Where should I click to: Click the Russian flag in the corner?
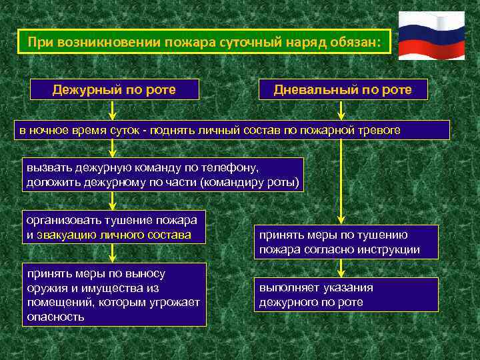point(431,37)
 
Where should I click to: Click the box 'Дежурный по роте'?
point(115,89)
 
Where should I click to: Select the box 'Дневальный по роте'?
point(343,89)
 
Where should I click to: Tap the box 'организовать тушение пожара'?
point(114,227)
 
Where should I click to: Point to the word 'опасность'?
point(55,317)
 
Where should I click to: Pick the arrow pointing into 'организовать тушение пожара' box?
point(113,202)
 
